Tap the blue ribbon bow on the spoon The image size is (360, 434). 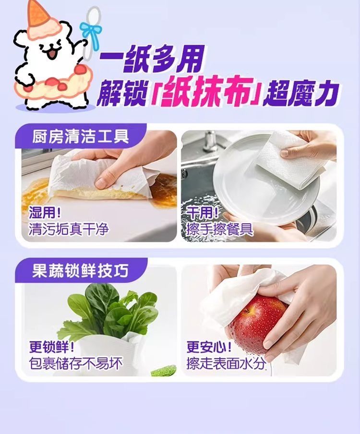point(90,31)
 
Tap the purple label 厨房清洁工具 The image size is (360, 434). point(81,136)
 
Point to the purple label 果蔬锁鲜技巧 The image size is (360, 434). point(80,270)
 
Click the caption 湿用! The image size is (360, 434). point(45,213)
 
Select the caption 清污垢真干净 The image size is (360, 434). point(68,229)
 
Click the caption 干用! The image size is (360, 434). point(203,213)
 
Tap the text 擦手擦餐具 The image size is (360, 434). point(220,229)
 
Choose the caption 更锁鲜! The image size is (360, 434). point(52,347)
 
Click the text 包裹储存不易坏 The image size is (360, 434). point(76,363)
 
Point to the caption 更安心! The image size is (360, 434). point(209,347)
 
